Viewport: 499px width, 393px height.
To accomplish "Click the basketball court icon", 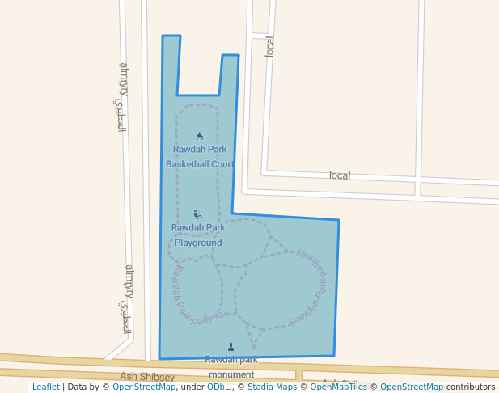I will (200, 136).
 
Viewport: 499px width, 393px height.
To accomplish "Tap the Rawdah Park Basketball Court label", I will (200, 157).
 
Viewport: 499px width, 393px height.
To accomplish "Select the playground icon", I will (198, 214).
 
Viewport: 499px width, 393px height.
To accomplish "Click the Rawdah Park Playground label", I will (198, 235).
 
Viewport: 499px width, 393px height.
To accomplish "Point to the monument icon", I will (230, 347).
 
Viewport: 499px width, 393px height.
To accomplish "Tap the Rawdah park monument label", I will (231, 367).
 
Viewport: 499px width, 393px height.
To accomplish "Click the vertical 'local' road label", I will (270, 46).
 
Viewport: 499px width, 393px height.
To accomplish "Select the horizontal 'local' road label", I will (340, 175).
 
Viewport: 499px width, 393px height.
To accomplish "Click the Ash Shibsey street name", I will (147, 377).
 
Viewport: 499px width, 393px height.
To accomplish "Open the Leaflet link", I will (45, 387).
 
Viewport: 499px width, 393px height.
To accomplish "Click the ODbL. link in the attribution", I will (218, 387).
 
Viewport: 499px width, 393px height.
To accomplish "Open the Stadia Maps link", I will (272, 387).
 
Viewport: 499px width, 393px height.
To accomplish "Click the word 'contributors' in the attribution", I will (471, 387).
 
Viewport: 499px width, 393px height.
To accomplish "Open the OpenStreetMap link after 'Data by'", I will (144, 387).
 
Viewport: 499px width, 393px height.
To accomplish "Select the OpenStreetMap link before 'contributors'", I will (412, 387).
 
